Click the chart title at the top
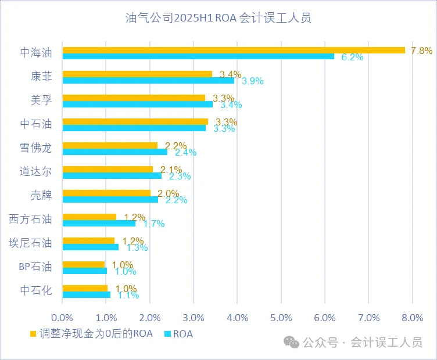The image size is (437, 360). click(x=218, y=18)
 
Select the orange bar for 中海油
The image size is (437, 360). click(x=234, y=50)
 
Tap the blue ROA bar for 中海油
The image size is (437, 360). click(x=198, y=56)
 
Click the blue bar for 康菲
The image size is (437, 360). click(x=148, y=80)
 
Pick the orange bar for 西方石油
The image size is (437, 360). click(x=89, y=217)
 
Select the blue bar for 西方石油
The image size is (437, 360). click(x=99, y=223)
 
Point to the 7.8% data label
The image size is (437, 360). click(x=421, y=51)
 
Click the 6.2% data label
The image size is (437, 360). click(x=352, y=57)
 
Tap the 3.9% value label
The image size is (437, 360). click(x=253, y=81)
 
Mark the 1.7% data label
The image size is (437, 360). click(x=154, y=224)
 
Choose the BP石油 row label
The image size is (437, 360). click(x=36, y=267)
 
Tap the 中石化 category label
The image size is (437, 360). click(x=36, y=290)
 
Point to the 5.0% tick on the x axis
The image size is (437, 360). click(x=281, y=318)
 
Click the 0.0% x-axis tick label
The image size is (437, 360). click(x=62, y=318)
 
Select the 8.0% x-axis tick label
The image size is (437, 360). click(x=412, y=318)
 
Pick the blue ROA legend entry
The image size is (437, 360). click(x=179, y=334)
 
